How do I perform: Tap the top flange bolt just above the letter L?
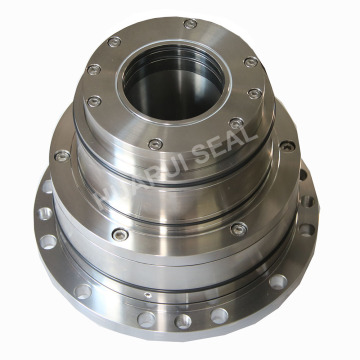coord(237,124)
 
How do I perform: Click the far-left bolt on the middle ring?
coord(62,156)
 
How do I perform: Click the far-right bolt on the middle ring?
coord(288,146)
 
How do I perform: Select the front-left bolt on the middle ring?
coord(118,232)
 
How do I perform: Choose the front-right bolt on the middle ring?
coord(237,229)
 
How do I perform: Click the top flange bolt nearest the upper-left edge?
coord(93,70)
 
